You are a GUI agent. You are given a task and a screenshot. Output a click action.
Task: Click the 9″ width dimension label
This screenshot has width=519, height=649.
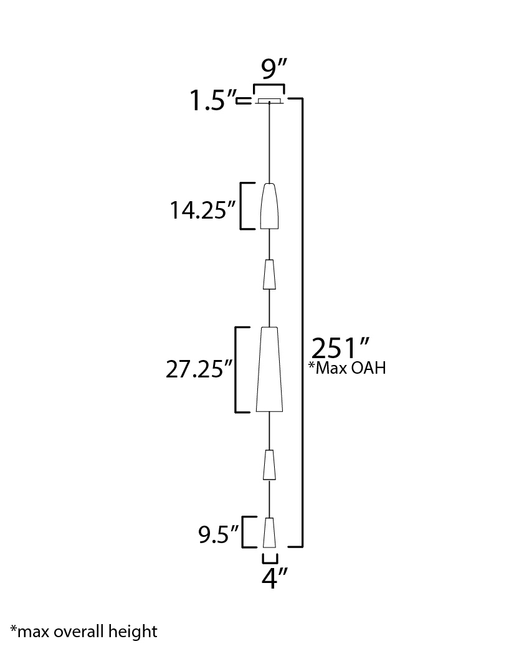pos(274,69)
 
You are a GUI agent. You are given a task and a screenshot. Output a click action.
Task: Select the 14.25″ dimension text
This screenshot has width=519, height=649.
pos(203,210)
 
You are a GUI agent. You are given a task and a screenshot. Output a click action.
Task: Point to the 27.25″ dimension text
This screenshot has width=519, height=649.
pos(199,369)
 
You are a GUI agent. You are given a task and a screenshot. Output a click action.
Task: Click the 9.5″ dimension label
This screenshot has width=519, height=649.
pos(219,534)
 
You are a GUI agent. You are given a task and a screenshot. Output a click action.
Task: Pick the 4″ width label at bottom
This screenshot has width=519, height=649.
pos(274,578)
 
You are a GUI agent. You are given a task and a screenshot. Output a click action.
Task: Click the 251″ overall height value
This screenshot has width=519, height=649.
pos(340,348)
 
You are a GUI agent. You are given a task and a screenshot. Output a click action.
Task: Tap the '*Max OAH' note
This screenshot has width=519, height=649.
pos(348,368)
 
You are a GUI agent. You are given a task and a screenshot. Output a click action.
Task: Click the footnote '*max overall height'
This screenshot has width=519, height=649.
pos(83,632)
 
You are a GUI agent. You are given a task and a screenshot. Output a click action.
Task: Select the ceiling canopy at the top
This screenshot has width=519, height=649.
pos(269,101)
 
